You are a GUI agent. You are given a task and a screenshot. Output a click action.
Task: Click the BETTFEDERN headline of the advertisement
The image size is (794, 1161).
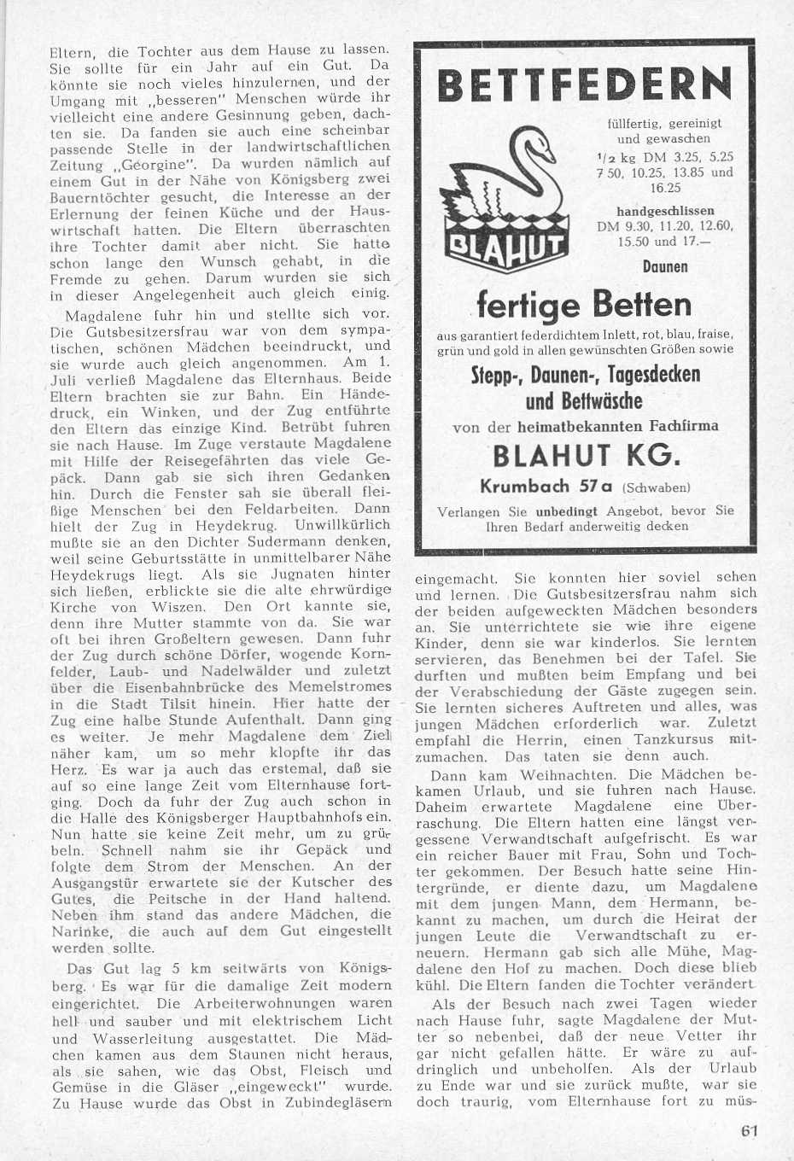pos(584,85)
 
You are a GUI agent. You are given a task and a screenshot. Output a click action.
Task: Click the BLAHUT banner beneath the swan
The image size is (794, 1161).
pos(505,248)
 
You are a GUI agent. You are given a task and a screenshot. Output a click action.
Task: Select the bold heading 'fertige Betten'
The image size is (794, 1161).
pos(583,305)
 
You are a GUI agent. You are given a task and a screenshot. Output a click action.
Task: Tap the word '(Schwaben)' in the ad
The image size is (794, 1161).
pos(656,488)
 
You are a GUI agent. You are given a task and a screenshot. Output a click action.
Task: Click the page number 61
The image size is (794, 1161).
pos(750,1131)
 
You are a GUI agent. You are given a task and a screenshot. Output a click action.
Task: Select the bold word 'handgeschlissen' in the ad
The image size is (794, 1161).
pos(665,210)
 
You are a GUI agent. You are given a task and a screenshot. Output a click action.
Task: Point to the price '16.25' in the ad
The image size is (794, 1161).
pos(665,189)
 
